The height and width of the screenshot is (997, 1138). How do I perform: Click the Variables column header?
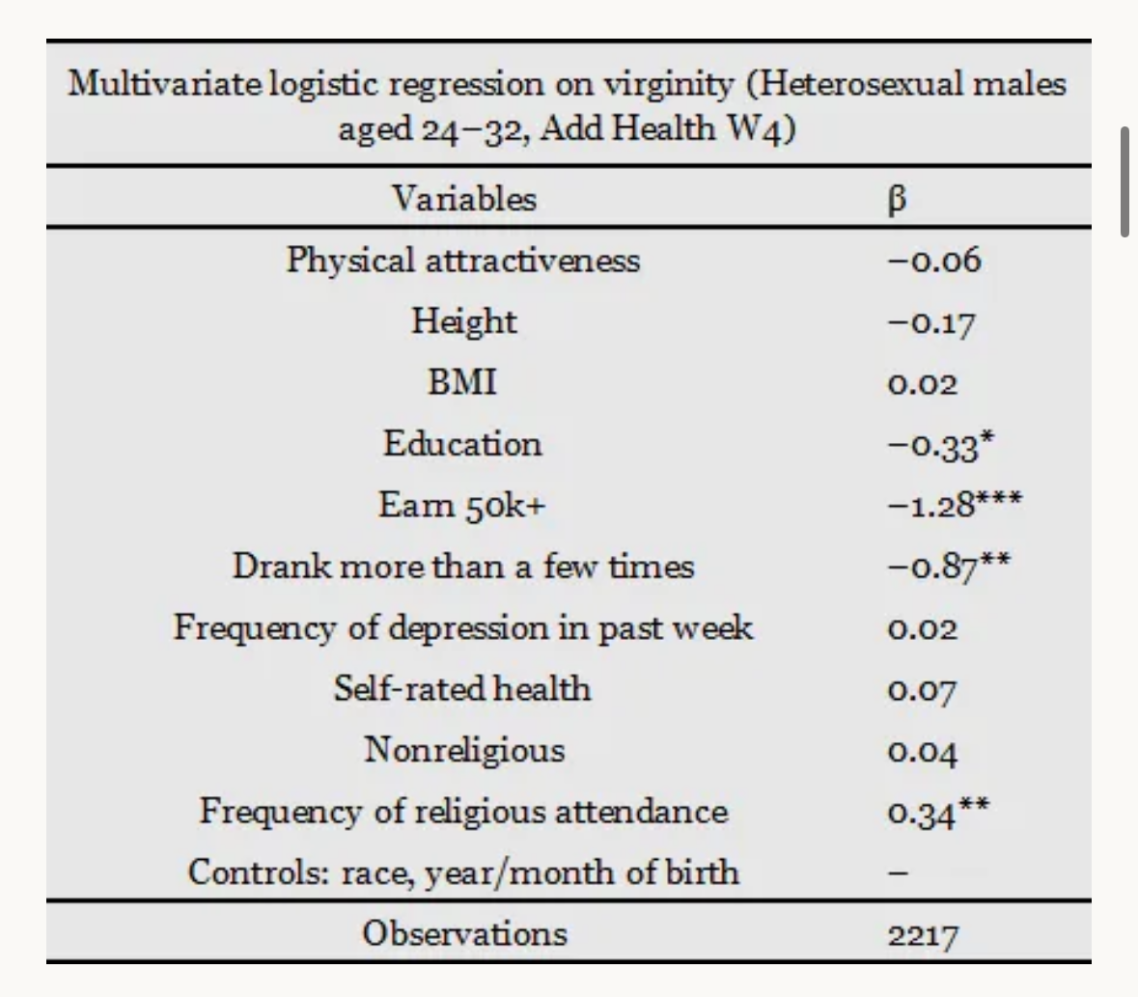pos(463,199)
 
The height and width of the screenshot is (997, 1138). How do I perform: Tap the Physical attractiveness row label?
pos(463,261)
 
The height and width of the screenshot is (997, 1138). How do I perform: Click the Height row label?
pos(463,321)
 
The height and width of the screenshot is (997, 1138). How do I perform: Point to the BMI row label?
pos(462,382)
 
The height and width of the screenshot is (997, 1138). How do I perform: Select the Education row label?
pos(462,443)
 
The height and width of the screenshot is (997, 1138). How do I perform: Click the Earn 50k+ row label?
pos(461,505)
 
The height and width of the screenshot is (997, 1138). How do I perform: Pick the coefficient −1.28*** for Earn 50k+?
pos(955,504)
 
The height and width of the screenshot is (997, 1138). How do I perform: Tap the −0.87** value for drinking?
pos(949,566)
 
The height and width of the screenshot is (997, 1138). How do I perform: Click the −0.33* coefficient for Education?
pos(940,444)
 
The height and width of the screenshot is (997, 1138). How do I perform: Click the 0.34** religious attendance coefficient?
pos(937,812)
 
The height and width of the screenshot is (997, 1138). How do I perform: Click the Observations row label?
pos(464,934)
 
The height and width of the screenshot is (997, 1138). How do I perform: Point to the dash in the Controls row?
pos(898,872)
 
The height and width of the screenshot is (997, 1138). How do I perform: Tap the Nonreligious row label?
pos(463,750)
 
